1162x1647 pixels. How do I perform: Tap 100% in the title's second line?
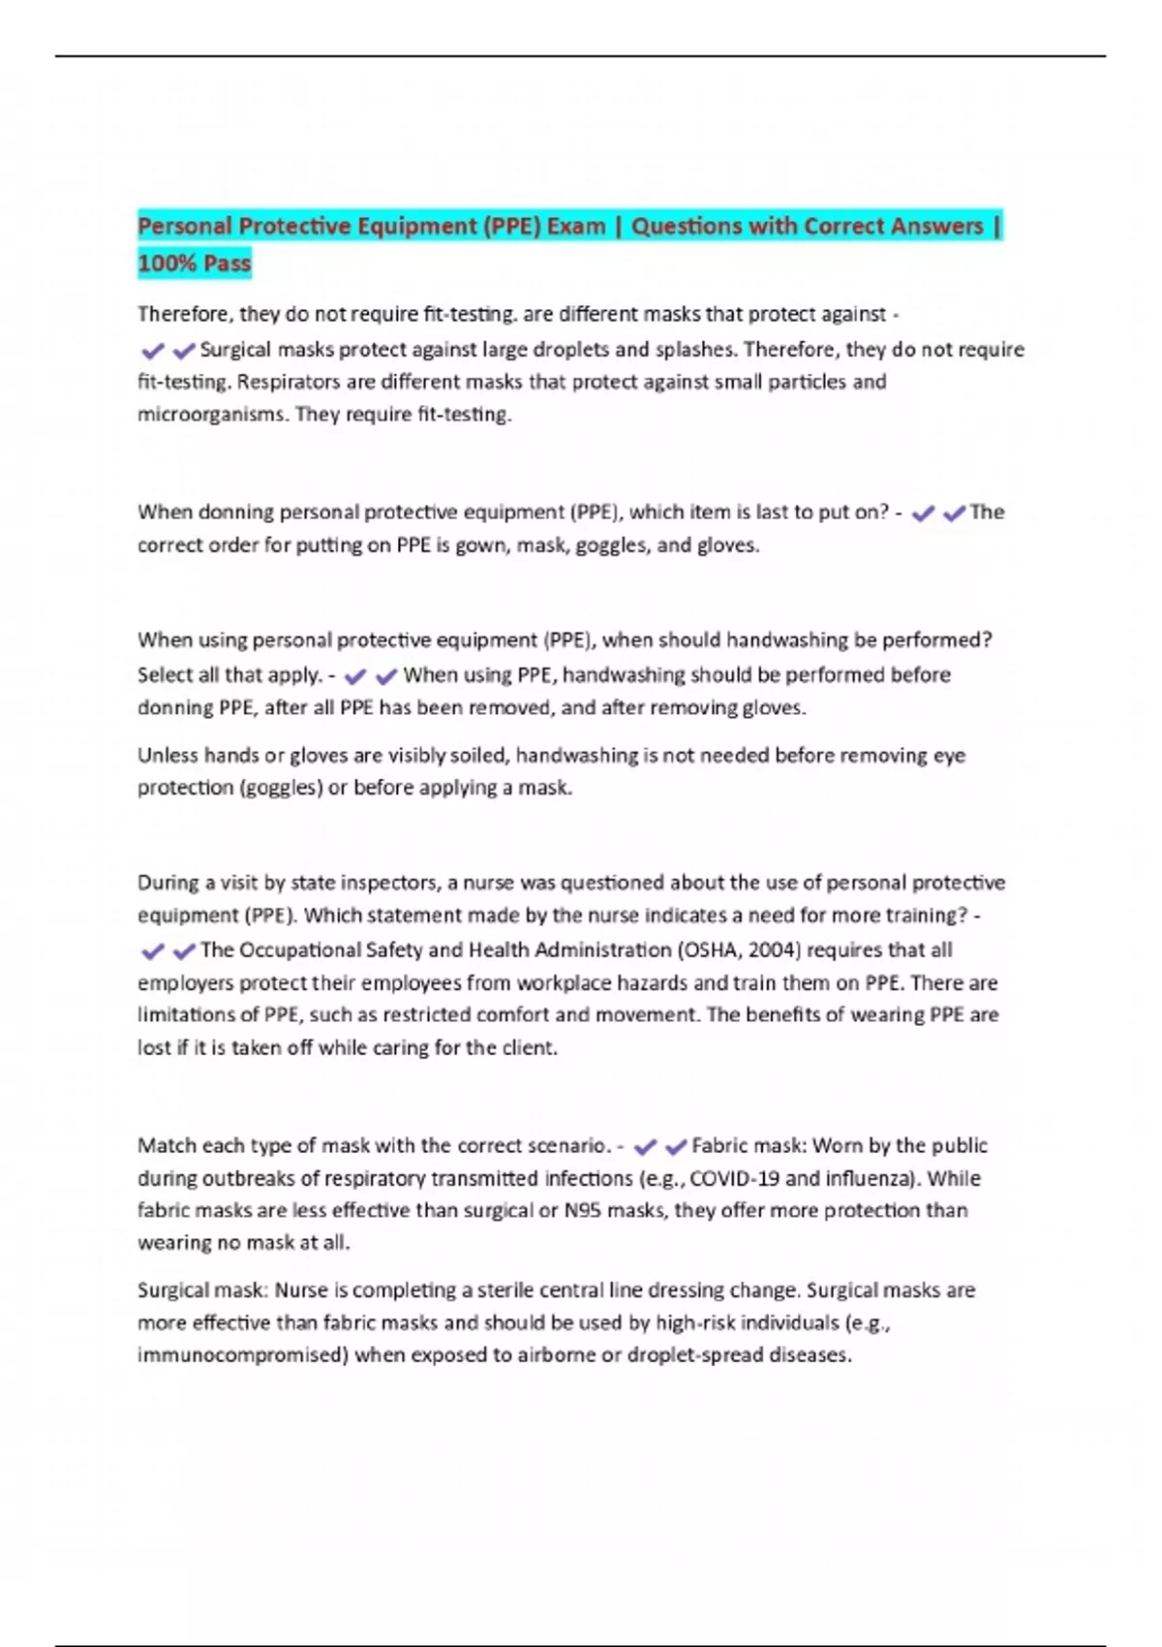pos(167,264)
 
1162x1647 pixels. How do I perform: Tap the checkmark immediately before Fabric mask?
pos(676,1147)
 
